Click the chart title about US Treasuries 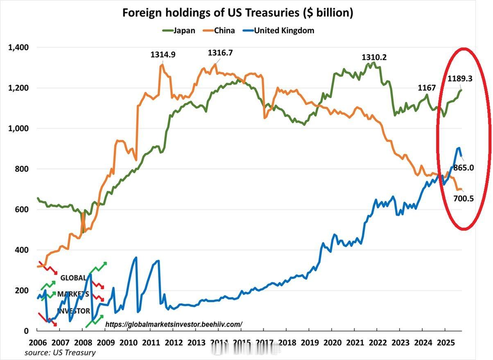click(x=238, y=13)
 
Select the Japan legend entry click(x=183, y=31)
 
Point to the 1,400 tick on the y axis click(x=18, y=48)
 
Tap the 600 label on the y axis click(x=21, y=210)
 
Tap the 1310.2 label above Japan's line click(x=374, y=58)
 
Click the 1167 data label click(x=426, y=88)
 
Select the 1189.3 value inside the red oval click(x=459, y=79)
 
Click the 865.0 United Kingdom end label click(x=463, y=168)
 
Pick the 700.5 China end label click(x=463, y=199)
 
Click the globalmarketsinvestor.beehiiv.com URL click(x=174, y=324)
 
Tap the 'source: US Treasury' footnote click(x=60, y=353)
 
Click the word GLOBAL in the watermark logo click(x=73, y=278)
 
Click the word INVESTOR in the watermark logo click(x=73, y=311)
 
